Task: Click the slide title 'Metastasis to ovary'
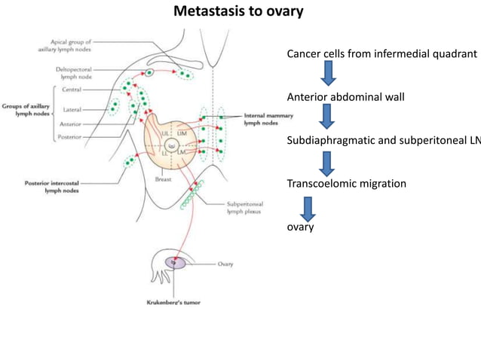239,11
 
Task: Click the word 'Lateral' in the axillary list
72,110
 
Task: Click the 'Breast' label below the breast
163,180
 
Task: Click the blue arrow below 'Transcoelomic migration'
307,207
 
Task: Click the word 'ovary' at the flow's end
300,226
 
